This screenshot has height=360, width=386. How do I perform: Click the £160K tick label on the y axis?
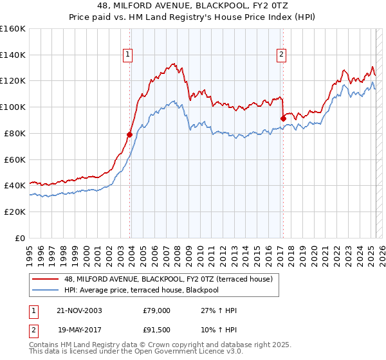tap(13, 29)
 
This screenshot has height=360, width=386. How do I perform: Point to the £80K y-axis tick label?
tap(15, 133)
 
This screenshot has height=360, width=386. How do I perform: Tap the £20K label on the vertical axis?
tap(15, 212)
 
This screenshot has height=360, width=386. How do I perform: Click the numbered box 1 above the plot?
tap(129, 55)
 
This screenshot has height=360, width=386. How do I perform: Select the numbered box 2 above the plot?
tap(282, 55)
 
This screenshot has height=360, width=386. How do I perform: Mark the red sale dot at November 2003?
tap(130, 134)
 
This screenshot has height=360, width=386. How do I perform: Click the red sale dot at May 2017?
tap(283, 118)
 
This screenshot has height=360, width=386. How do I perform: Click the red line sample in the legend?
tap(46, 279)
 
